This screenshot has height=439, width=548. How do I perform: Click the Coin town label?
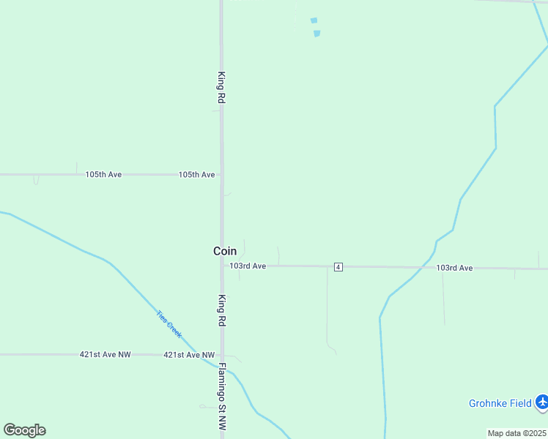(225, 251)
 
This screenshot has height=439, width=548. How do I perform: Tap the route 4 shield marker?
(338, 267)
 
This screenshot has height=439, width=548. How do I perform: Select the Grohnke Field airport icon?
(541, 402)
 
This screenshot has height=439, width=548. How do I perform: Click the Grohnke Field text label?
(500, 403)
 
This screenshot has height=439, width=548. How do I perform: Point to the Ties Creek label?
(169, 323)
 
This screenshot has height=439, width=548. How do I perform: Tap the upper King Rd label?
(221, 87)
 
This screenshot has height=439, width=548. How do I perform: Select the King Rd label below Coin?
(221, 310)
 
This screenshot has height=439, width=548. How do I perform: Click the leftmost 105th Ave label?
(103, 175)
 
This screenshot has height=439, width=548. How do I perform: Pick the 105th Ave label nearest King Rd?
(196, 175)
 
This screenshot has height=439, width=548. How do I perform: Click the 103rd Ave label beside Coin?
(248, 266)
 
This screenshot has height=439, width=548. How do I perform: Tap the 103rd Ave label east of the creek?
(454, 269)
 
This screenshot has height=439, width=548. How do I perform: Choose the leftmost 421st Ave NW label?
(105, 355)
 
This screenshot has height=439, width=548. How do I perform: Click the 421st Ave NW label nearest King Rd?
(189, 355)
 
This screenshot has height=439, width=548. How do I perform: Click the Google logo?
(24, 430)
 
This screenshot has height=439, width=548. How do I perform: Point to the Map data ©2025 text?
(516, 433)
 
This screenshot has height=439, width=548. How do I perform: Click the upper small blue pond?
(314, 20)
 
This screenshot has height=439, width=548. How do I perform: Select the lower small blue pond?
(316, 33)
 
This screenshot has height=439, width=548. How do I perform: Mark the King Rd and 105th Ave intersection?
(221, 175)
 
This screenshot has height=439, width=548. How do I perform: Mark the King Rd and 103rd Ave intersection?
(222, 266)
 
